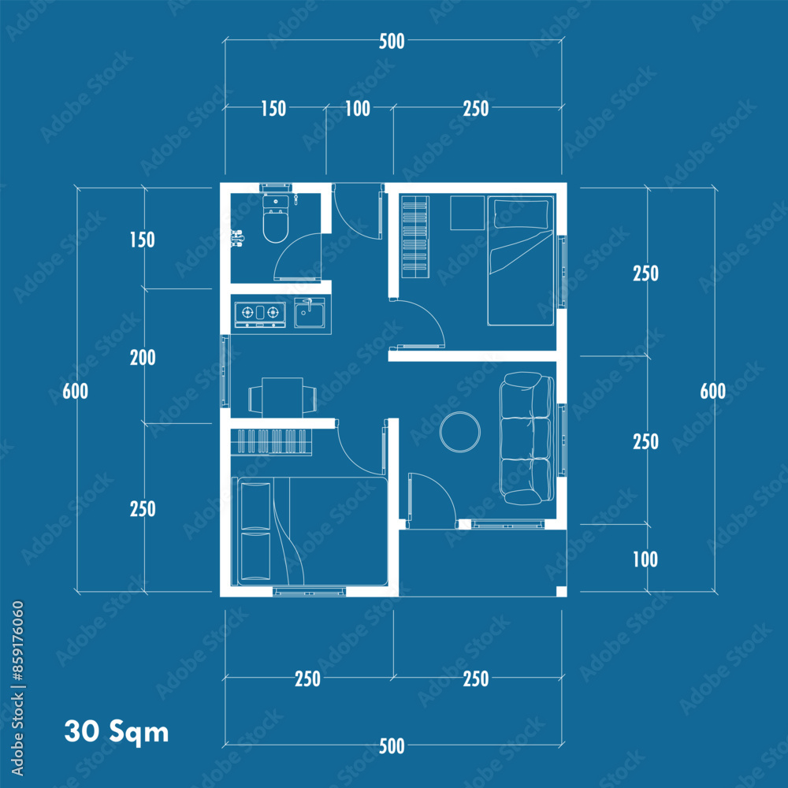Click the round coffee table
point(460,432)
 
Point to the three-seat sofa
point(526,438)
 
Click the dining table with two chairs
point(282,397)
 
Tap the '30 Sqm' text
point(117,731)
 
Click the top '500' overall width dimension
point(392,41)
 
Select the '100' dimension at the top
point(358,109)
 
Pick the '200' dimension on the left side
point(143,358)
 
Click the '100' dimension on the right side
point(645,559)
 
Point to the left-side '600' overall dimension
point(76,391)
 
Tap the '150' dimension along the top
point(273,109)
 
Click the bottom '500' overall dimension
point(392,746)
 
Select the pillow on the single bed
point(521,214)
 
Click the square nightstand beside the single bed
point(466,213)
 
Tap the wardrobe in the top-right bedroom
point(415,236)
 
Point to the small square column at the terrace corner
point(562,591)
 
